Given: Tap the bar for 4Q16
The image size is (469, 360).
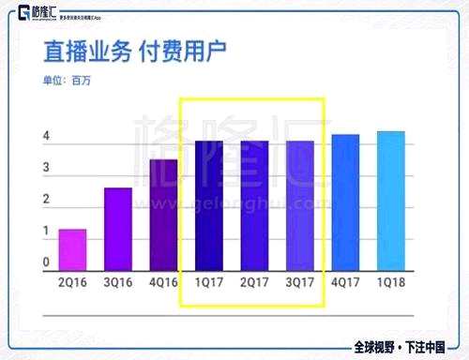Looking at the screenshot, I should point(163,216).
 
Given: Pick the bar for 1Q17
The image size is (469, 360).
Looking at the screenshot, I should point(208,206).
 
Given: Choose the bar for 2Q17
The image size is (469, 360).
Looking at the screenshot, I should point(254,206).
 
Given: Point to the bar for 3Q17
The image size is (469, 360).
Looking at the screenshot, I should point(300,206).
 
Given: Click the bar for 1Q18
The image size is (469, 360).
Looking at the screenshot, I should point(391,202).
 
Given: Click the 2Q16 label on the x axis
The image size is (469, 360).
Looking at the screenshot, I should point(72,281).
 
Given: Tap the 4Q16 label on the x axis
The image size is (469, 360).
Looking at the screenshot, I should point(163,281).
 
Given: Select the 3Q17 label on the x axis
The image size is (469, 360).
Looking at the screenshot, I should point(300,281).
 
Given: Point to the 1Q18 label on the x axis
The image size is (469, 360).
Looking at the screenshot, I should point(391,281).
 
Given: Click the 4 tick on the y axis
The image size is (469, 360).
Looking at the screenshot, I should point(46,138).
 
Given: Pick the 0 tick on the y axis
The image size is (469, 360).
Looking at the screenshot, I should point(46,262).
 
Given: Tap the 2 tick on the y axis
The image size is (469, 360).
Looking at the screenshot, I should point(46,200).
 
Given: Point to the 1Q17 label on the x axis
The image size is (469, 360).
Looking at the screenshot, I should point(208,281).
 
